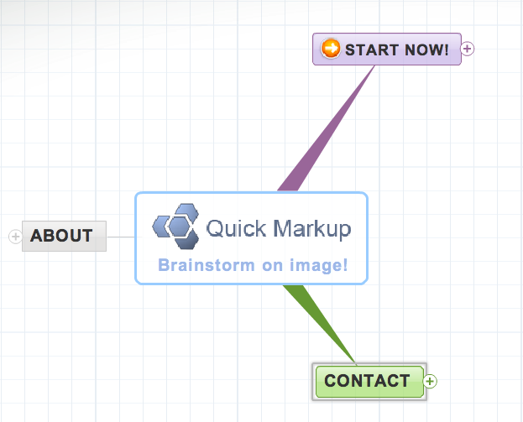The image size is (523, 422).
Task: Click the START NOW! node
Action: coord(387,49)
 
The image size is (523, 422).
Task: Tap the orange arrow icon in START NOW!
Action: coord(331,49)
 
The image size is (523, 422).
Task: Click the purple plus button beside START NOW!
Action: coord(468,49)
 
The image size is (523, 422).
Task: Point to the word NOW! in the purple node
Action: coord(426,50)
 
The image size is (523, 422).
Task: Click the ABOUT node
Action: coord(64,236)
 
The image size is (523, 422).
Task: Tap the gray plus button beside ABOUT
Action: coord(15,237)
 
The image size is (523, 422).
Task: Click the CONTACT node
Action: coord(369,382)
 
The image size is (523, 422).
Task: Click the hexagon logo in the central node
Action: coord(175,227)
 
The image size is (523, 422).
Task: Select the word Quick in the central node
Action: coord(236,229)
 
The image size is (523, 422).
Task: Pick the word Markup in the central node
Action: coord(312,229)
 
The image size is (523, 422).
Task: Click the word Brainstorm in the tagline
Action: coord(207,265)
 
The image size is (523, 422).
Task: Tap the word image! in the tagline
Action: coord(318,265)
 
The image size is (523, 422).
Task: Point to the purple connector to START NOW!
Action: coord(326,128)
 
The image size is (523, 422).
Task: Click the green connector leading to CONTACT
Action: coord(320,324)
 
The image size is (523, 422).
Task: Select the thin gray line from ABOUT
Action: coord(121,237)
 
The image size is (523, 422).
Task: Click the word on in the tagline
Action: coord(272,266)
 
